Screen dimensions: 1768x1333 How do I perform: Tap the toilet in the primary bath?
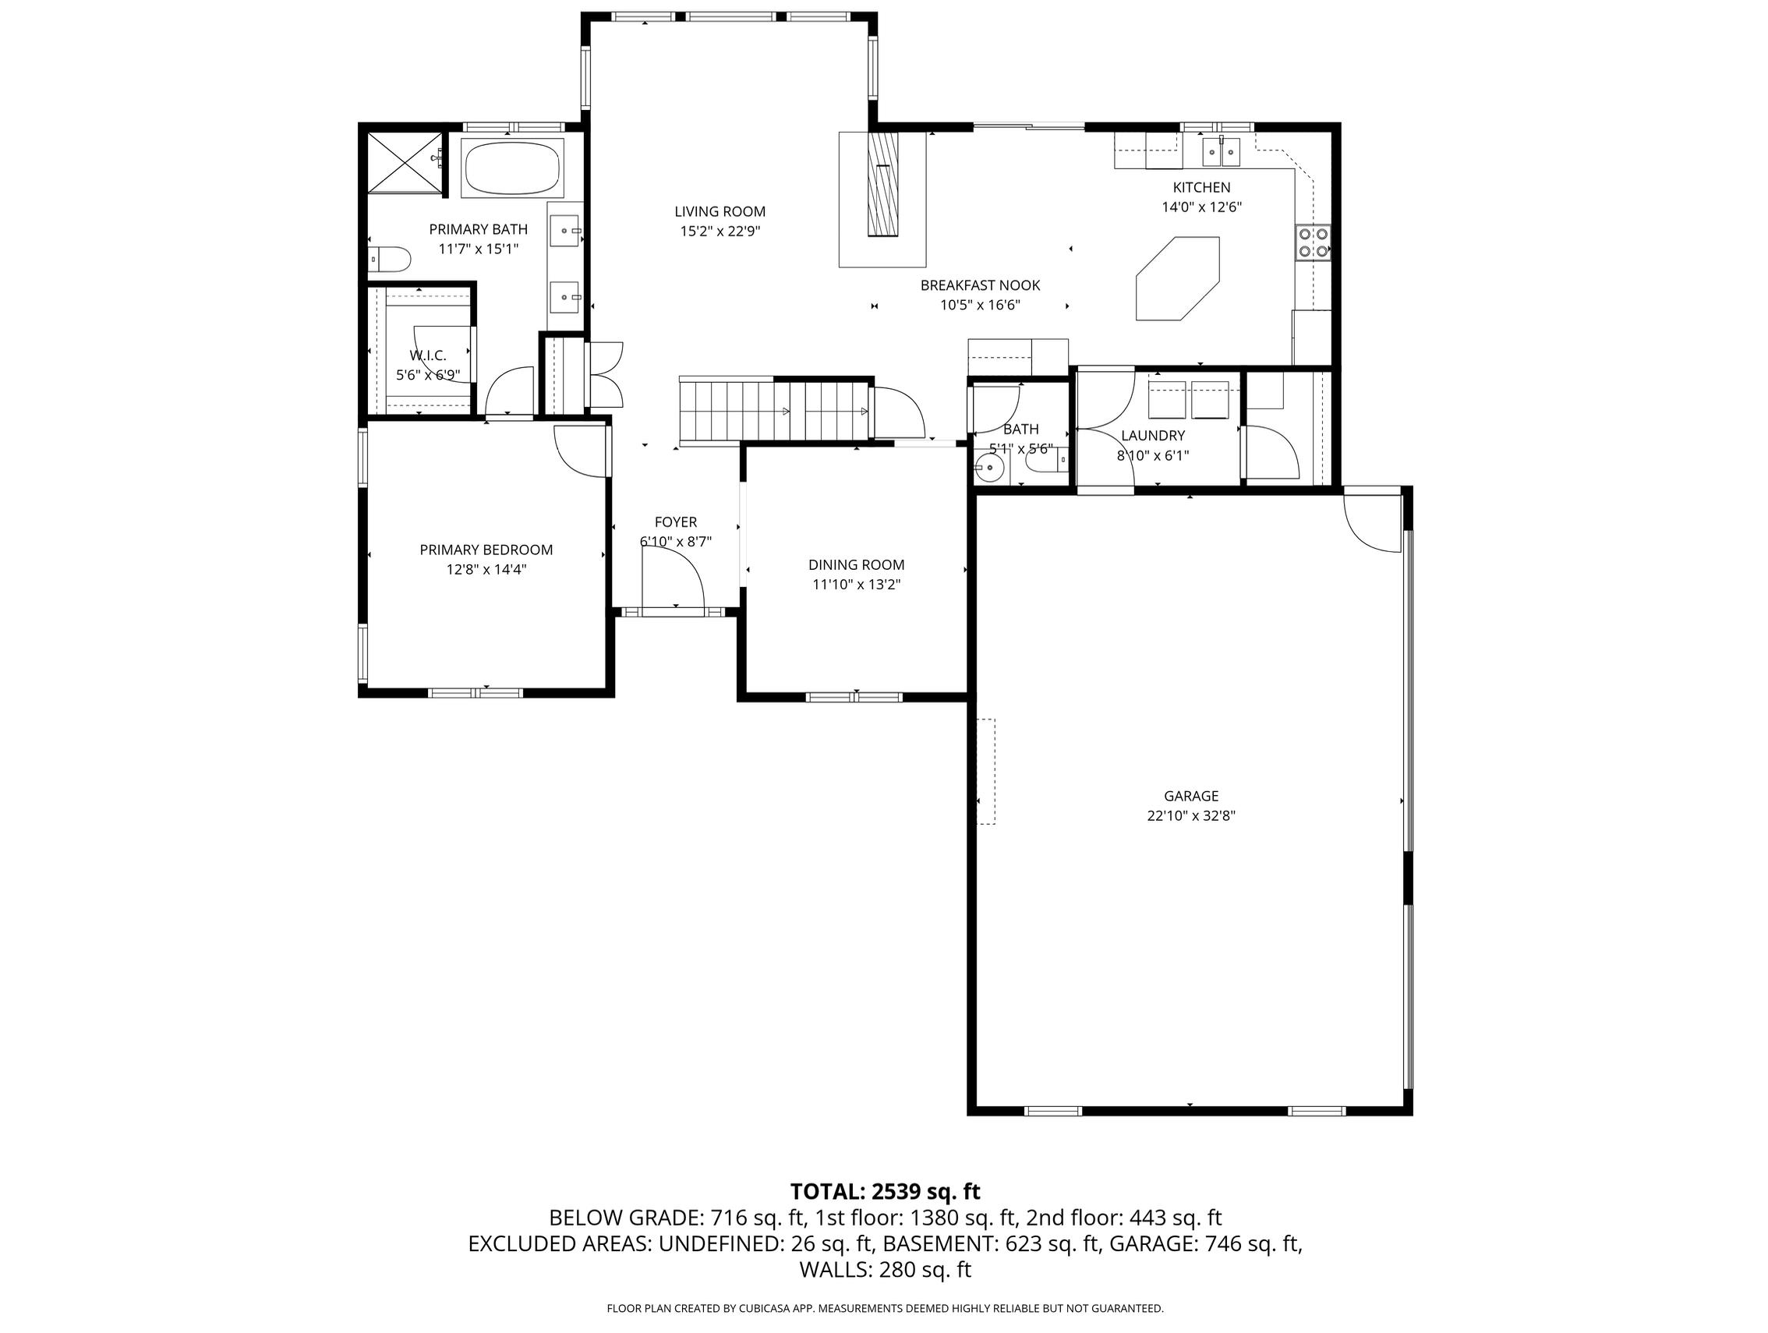(x=390, y=259)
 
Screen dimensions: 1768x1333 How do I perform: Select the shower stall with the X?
(x=405, y=163)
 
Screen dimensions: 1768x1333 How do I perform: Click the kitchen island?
(x=1177, y=278)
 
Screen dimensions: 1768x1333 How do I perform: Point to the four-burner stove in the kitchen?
(x=1313, y=243)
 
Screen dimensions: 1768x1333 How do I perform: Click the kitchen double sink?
(x=1221, y=151)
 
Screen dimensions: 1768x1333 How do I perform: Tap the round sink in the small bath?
(x=990, y=468)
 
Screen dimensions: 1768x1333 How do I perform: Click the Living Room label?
(x=720, y=212)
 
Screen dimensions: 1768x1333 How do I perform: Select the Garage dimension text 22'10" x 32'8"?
(x=1191, y=816)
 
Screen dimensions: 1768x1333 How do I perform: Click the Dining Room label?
(x=856, y=565)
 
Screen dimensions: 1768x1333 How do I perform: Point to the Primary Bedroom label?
(x=486, y=550)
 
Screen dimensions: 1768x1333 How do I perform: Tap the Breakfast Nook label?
(x=980, y=285)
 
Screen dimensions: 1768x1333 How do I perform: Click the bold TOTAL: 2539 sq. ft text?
(x=885, y=1192)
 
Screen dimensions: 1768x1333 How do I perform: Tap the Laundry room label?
(x=1153, y=436)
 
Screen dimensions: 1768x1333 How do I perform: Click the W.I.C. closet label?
(x=428, y=355)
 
